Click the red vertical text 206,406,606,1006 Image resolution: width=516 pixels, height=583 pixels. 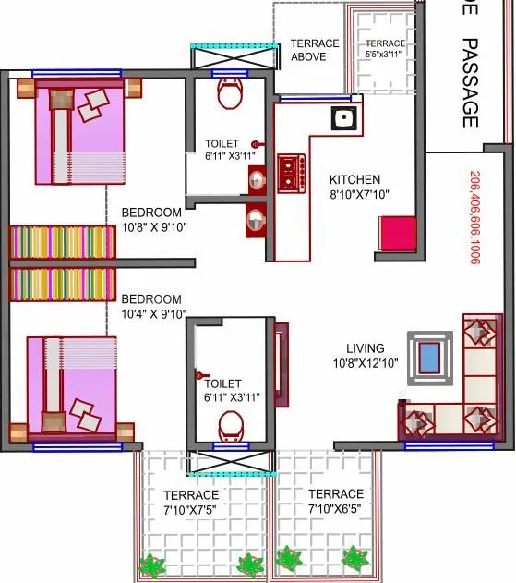[474, 218]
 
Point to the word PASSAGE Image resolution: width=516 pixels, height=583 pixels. [470, 82]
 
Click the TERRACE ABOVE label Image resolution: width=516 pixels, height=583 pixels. [315, 50]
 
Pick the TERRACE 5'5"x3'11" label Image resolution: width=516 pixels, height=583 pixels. [385, 49]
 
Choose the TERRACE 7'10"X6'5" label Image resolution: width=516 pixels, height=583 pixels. [336, 502]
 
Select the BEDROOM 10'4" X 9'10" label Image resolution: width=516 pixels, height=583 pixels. [153, 307]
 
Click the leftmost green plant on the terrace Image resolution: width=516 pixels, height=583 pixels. [150, 563]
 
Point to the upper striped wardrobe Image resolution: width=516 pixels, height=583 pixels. [61, 243]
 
